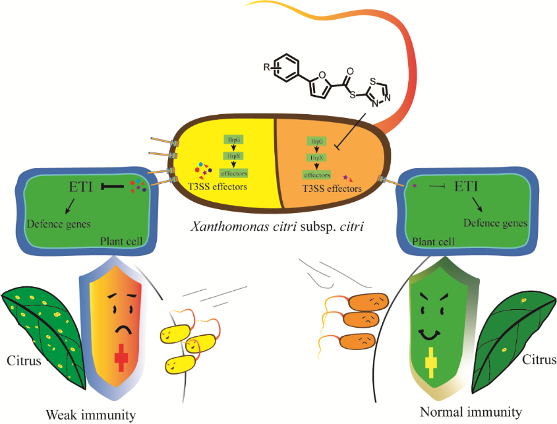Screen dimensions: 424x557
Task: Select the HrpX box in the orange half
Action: click(x=316, y=158)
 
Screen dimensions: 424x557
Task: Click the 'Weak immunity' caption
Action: click(x=90, y=414)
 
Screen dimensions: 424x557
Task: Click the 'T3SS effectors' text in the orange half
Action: click(x=332, y=188)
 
